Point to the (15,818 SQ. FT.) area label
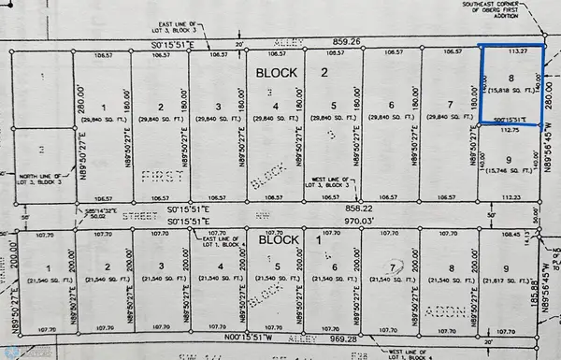[x=511, y=96]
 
